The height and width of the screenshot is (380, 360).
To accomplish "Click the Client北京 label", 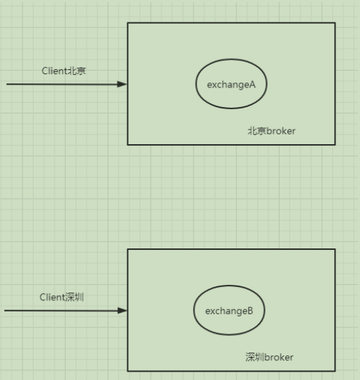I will pyautogui.click(x=64, y=71).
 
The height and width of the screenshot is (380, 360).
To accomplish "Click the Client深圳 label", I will pyautogui.click(x=62, y=297).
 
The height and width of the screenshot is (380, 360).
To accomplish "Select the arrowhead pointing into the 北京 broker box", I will pyautogui.click(x=123, y=84).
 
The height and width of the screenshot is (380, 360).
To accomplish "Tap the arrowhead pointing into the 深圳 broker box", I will pyautogui.click(x=123, y=310).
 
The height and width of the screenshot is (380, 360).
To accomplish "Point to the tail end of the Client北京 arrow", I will pyautogui.click(x=7, y=84).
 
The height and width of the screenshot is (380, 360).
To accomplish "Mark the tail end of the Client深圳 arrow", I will pyautogui.click(x=5, y=310).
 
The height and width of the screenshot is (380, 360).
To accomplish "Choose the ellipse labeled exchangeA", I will pyautogui.click(x=231, y=83).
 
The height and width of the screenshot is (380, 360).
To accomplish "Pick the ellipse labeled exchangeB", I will pyautogui.click(x=229, y=310).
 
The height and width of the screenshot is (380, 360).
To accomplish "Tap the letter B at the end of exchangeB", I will pyautogui.click(x=250, y=311).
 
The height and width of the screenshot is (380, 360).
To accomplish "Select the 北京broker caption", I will pyautogui.click(x=272, y=131).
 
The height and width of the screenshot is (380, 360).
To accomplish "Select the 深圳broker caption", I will pyautogui.click(x=270, y=357).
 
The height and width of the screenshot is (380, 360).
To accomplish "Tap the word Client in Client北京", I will pyautogui.click(x=53, y=71).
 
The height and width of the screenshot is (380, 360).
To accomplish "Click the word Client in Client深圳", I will pyautogui.click(x=51, y=297).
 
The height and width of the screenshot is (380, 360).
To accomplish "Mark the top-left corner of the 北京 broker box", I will pyautogui.click(x=128, y=23).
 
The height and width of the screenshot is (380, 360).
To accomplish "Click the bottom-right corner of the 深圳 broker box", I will pyautogui.click(x=335, y=370).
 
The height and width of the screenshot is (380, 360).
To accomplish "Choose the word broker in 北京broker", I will pyautogui.click(x=281, y=131).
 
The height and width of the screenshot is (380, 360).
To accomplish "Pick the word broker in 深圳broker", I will pyautogui.click(x=279, y=357).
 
